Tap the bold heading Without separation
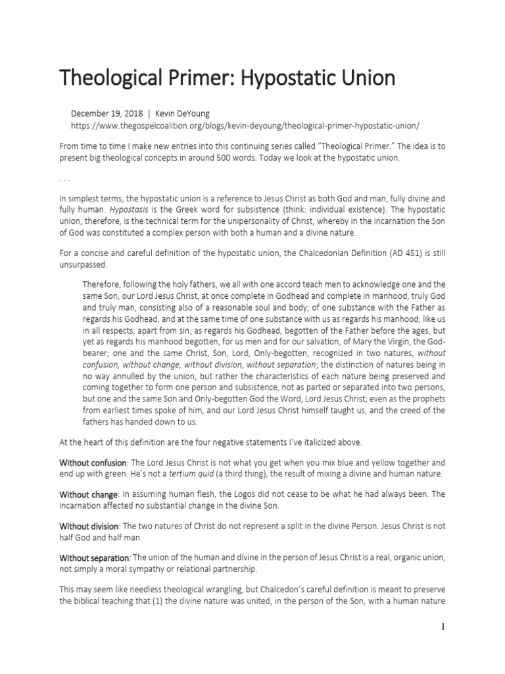(x=95, y=558)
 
